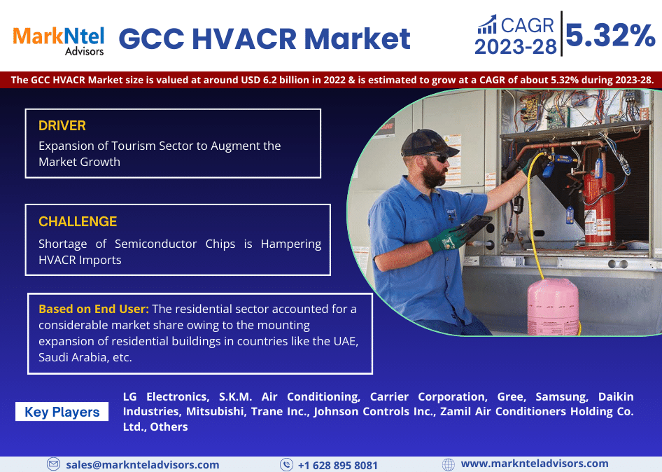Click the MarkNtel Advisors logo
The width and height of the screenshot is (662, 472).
point(58,39)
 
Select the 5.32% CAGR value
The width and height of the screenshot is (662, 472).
point(610,35)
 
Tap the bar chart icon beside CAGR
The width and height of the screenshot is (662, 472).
point(488,25)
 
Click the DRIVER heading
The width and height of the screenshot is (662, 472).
point(62,126)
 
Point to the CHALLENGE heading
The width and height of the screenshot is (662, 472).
point(78,222)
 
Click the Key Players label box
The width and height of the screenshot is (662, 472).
point(62,412)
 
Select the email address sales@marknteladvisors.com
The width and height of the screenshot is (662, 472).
point(142,464)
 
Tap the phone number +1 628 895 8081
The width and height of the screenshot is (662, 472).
point(337,465)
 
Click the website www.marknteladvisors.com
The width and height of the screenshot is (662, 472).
point(534,464)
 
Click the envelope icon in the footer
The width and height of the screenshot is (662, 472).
point(53,464)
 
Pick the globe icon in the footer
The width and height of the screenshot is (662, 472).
point(449,464)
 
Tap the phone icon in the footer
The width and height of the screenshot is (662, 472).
point(286,464)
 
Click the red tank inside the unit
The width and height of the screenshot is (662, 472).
point(598,203)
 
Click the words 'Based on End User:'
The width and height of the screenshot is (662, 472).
point(93,309)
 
